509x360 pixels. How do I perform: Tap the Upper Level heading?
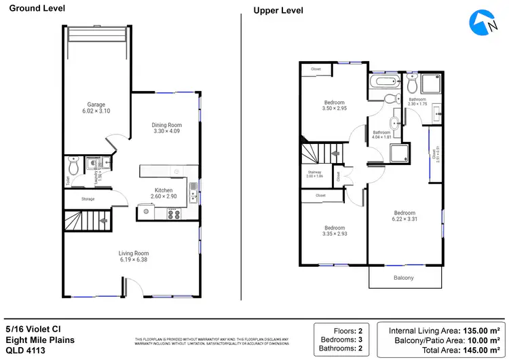[278, 10]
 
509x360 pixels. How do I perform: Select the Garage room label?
[96, 105]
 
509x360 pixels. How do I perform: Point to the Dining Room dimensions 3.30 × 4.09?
[166, 131]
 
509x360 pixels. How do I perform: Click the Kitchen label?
[164, 190]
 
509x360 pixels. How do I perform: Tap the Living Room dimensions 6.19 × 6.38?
[134, 260]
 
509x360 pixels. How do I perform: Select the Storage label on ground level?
[88, 199]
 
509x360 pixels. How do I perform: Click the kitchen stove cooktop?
[173, 213]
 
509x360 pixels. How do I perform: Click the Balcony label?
[404, 278]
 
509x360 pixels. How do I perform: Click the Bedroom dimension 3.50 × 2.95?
[334, 108]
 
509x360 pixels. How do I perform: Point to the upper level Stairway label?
[314, 172]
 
